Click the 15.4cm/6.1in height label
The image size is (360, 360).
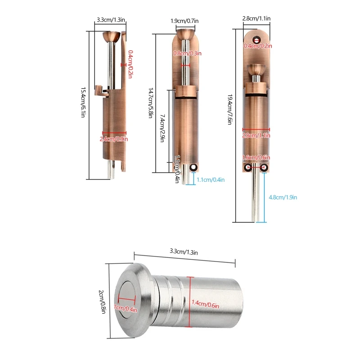tap(83, 103)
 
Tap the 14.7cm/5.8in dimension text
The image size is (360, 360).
tap(151, 103)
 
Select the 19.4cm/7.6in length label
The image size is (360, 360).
tap(230, 109)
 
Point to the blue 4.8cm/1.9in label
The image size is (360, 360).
tap(283, 197)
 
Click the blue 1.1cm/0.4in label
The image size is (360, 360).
tap(211, 180)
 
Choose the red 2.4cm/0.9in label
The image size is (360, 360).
tap(114, 139)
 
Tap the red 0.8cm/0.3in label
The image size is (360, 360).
tap(187, 53)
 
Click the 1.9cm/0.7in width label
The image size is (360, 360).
tap(184, 21)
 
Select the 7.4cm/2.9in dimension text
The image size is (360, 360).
tap(162, 128)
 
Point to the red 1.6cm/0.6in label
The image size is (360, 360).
tap(256, 157)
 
